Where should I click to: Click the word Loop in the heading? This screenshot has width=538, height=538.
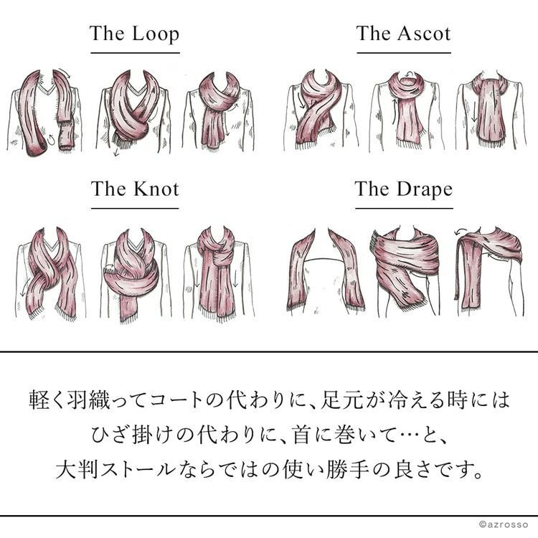coord(156,35)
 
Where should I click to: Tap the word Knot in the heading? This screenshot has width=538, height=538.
coord(156,189)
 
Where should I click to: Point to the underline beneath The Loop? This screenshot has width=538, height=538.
coord(135,53)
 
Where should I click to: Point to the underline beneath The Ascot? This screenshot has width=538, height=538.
coord(404,53)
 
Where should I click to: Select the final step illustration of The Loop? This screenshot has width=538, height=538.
coord(219,111)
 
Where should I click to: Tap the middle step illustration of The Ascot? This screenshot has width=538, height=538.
coord(407,111)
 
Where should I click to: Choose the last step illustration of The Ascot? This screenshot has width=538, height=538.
coord(491,110)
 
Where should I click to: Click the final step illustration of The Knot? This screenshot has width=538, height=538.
coord(219,273)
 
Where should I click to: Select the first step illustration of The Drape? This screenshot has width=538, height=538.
coord(325,271)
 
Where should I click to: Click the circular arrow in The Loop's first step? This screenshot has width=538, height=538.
coord(51,139)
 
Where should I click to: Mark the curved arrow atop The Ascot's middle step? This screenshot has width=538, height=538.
coord(409,74)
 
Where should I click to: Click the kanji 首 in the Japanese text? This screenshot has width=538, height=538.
coord(303,435)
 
